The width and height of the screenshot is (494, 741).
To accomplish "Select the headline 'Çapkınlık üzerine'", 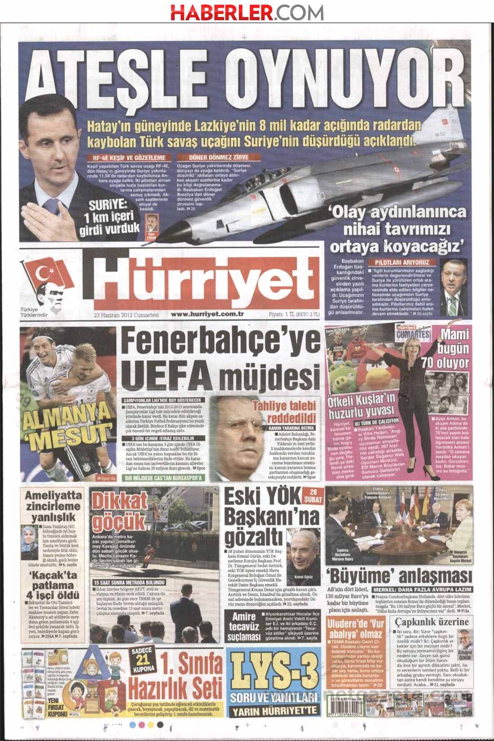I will [x=431, y=622].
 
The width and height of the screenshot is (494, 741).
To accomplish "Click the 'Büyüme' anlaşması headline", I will [x=398, y=576].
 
